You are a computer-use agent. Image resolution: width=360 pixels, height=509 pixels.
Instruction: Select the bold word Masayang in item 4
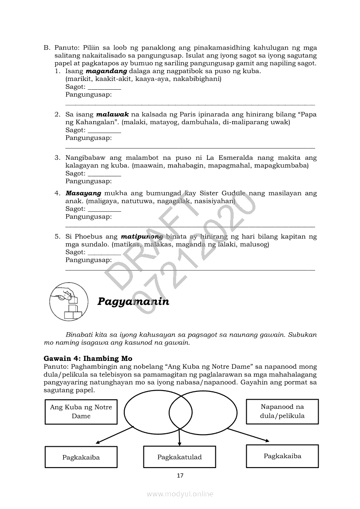83,193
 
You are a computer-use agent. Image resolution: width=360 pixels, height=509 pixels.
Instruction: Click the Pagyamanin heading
133,301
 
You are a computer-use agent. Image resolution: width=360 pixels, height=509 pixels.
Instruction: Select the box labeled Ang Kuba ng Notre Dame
81,411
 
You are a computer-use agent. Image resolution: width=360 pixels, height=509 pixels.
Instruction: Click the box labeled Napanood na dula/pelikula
282,411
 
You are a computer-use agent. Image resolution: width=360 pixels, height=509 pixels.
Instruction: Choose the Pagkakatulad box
180,457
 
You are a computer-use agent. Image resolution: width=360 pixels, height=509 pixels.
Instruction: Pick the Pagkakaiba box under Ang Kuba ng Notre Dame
81,457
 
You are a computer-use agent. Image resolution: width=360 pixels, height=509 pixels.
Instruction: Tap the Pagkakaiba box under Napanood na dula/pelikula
282,456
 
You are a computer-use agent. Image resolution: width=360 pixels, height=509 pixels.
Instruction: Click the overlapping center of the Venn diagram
180,411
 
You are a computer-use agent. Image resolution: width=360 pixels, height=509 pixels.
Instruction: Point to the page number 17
180,475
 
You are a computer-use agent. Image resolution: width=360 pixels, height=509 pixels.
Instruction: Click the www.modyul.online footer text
180,494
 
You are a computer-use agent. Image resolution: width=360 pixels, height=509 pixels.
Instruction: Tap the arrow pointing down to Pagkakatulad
180,438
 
